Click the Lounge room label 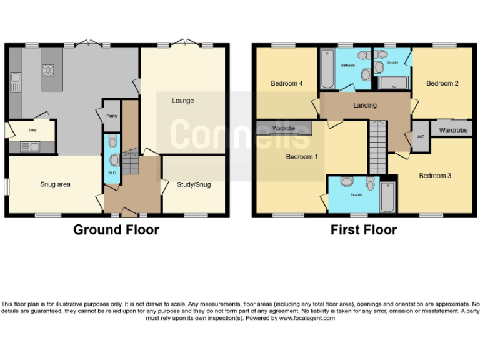pos(183,101)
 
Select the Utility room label pos(32,131)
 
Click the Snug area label pos(55,184)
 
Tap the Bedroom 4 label pos(286,84)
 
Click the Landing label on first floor pos(365,105)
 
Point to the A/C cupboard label pos(421,136)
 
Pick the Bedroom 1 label pos(302,157)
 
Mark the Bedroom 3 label pos(435,176)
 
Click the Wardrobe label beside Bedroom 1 pos(284,129)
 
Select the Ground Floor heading pos(116,230)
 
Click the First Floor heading pos(364,230)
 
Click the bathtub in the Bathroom pos(327,69)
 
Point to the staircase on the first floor pos(377,147)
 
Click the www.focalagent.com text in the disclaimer pos(307,318)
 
